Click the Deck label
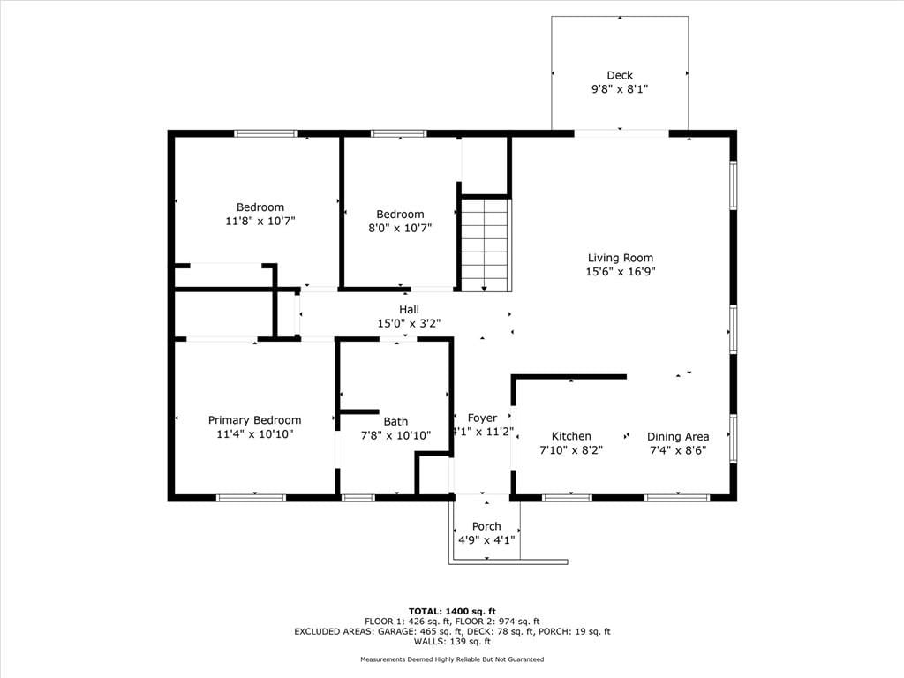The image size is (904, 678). tap(620, 75)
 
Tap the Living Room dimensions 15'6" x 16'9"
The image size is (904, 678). tap(621, 272)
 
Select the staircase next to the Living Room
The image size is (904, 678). tap(486, 245)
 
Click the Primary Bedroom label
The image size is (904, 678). tap(254, 420)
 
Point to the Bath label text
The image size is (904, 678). tap(395, 421)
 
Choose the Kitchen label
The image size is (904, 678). tap(571, 436)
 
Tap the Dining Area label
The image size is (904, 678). tap(678, 437)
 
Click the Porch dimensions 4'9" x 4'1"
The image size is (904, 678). tap(486, 540)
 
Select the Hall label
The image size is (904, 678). tap(410, 310)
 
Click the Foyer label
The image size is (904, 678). tap(483, 418)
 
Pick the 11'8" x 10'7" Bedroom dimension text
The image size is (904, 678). tap(260, 221)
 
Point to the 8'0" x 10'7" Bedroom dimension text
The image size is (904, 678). tap(400, 228)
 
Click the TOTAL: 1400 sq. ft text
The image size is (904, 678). tap(452, 611)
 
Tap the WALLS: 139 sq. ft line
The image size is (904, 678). tap(452, 641)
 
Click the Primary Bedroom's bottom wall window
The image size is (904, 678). tap(251, 498)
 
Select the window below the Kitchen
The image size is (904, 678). tap(568, 498)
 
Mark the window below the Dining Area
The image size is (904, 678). tap(677, 498)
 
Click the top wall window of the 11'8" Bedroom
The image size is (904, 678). tap(266, 134)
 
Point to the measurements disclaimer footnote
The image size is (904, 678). tap(452, 659)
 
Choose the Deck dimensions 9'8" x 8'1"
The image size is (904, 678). tap(620, 89)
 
